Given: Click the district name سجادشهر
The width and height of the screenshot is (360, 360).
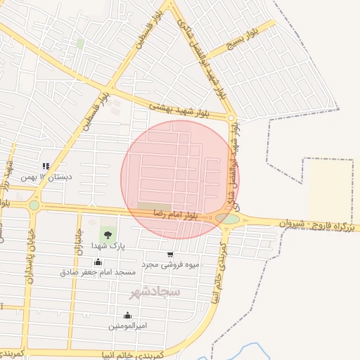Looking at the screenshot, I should pyautogui.click(x=155, y=290).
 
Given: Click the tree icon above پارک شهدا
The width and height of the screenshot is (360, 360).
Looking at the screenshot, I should pyautogui.click(x=108, y=233).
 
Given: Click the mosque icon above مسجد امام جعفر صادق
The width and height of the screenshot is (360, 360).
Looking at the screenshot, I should pyautogui.click(x=98, y=262).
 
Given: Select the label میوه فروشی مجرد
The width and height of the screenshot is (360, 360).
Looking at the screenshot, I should pyautogui.click(x=171, y=264).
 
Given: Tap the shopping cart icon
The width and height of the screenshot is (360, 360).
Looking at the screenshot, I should pyautogui.click(x=170, y=255).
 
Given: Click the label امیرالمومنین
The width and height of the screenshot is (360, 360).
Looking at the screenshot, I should pyautogui.click(x=127, y=326).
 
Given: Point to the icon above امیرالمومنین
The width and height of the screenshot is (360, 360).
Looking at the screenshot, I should pyautogui.click(x=127, y=315).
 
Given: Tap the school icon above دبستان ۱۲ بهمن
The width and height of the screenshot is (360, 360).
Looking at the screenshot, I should pyautogui.click(x=46, y=166).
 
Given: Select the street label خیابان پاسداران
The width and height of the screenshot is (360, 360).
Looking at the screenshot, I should pyautogui.click(x=30, y=257).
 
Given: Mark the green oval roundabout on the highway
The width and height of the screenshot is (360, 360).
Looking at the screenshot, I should pyautogui.click(x=227, y=219).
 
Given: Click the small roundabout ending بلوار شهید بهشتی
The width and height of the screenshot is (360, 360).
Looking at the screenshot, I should pyautogui.click(x=231, y=117).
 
